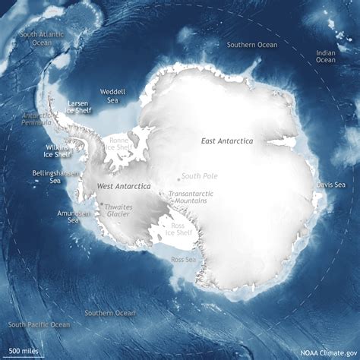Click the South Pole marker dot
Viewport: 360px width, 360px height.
click(179, 179)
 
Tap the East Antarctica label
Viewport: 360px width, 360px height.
click(227, 141)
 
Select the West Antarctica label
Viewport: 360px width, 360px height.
click(124, 186)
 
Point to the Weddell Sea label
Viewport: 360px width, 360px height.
click(113, 96)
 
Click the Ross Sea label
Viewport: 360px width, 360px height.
click(183, 260)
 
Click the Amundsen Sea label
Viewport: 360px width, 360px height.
click(68, 217)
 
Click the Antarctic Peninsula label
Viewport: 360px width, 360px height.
click(36, 118)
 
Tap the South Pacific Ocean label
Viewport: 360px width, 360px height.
click(39, 325)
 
